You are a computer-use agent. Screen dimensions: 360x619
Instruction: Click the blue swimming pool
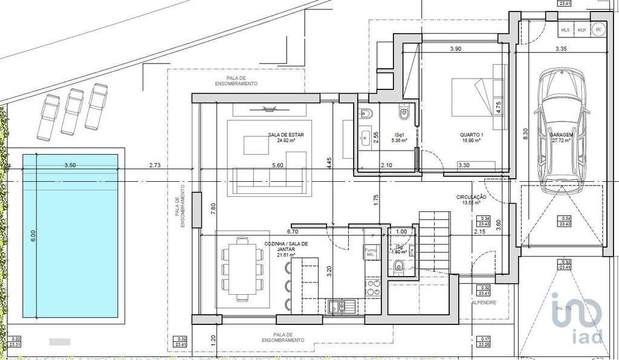[70, 237]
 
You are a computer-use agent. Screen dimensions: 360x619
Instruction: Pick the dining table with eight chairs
[242, 268]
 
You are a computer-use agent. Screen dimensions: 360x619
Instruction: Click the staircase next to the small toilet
[435, 242]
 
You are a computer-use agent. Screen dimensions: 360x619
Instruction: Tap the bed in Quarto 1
[479, 104]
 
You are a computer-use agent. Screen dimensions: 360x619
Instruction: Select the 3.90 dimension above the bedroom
[456, 48]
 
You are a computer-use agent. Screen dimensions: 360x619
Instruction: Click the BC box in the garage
[598, 29]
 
